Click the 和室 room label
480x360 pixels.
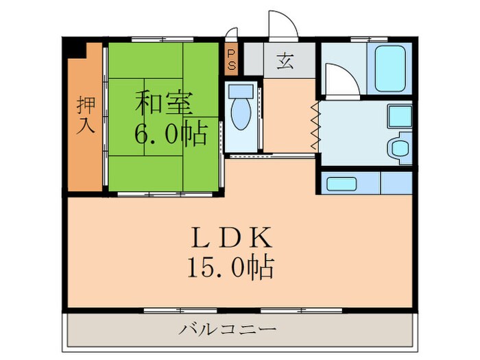(163, 104)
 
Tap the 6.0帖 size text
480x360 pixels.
(170, 135)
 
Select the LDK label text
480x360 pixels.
(232, 239)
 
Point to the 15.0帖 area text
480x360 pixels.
(233, 265)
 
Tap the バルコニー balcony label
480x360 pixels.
(228, 330)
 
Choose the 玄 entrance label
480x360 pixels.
(285, 62)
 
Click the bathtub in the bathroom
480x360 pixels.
(389, 69)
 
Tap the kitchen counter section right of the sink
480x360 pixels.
(396, 184)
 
